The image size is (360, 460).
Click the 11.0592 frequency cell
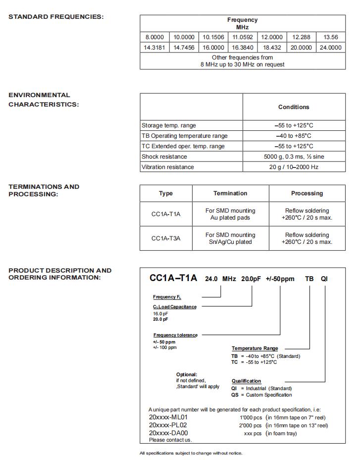point(243,37)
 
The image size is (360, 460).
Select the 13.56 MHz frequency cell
point(330,37)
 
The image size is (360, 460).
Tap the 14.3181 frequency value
point(154,48)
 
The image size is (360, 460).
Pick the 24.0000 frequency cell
point(330,48)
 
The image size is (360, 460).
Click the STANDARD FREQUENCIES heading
point(56,17)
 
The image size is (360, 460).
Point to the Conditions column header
point(294,107)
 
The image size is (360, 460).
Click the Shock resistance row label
point(164,157)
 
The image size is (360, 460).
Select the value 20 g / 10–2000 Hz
point(294,167)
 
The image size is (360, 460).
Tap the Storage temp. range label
point(169,125)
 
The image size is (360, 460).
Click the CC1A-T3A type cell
point(166,238)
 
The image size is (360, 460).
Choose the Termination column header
point(230,193)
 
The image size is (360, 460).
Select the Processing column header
point(307,193)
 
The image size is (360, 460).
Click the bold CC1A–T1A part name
point(173,279)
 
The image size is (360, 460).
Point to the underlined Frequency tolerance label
point(175,335)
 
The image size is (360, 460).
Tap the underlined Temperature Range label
point(255,348)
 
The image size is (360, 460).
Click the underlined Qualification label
point(246,381)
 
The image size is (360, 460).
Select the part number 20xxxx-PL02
point(168,425)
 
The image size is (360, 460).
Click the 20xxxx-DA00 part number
point(168,433)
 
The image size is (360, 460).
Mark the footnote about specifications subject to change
point(191,453)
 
